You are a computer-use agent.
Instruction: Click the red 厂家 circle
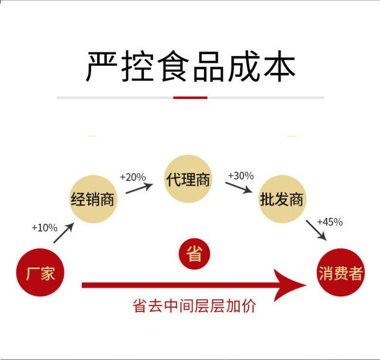coord(40,273)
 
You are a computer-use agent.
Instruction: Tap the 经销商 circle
coord(92,199)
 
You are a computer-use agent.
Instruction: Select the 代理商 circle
coord(188,179)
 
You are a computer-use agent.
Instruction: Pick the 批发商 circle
coord(282,199)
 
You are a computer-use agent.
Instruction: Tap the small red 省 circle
coord(194,253)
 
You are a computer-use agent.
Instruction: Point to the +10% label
coord(44,228)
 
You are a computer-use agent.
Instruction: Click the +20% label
coord(133,177)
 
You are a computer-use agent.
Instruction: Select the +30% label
coord(241,176)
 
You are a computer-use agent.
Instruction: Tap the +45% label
coord(329,222)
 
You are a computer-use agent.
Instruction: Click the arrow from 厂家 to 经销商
coord(63,233)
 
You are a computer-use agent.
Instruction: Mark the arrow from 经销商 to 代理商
coord(139,188)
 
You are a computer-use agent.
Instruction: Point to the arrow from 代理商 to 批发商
coord(239,187)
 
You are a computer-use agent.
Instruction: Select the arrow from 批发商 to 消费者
coord(316,230)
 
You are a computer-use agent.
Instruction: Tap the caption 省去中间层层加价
coord(194,306)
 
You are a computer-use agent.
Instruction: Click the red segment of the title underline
coord(190,98)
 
